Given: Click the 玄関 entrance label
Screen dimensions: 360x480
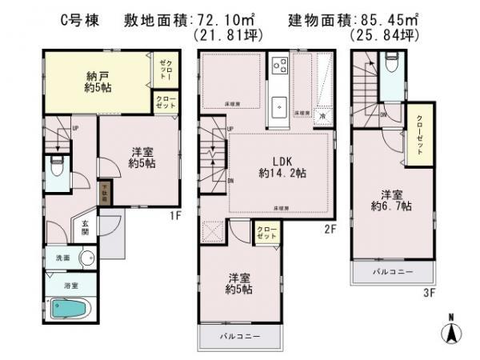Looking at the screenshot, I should click(x=86, y=228).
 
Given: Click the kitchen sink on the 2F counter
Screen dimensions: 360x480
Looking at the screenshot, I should click(x=280, y=104).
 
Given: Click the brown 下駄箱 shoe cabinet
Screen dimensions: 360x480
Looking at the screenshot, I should click(x=103, y=193).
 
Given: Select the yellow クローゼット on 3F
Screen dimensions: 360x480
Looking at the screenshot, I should click(x=419, y=136).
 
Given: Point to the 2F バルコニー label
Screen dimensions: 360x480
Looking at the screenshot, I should click(x=242, y=336).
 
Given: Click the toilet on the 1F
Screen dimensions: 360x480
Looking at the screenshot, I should click(x=56, y=170).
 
